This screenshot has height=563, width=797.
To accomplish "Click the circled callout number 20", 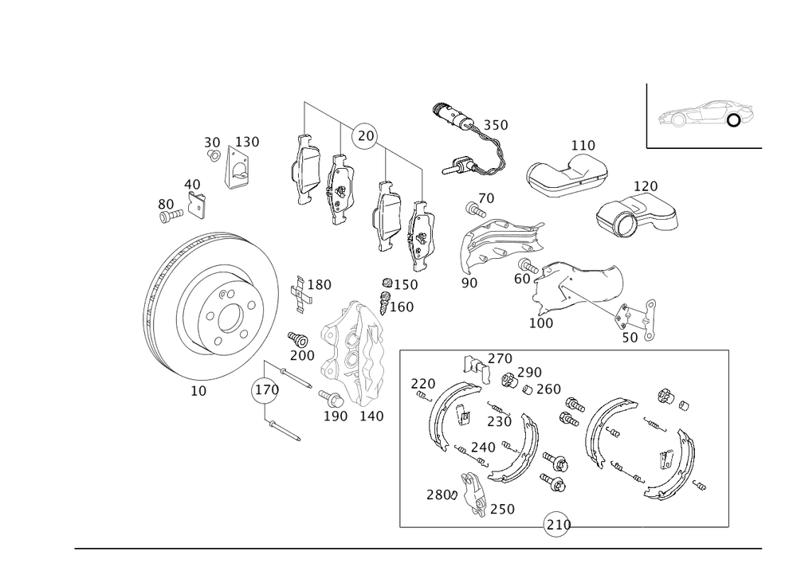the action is (366, 136).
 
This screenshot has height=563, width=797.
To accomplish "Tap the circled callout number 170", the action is (266, 390).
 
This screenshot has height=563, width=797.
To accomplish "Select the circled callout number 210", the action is (556, 525).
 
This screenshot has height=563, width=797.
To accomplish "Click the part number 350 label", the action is (495, 125).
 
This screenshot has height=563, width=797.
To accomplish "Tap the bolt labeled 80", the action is (171, 217).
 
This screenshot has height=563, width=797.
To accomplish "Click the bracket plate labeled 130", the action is (238, 167).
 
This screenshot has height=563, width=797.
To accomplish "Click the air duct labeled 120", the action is (636, 215).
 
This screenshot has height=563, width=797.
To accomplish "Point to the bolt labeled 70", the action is (473, 209).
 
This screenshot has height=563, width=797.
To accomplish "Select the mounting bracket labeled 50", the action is (635, 319).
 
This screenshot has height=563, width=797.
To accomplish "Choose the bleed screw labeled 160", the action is (385, 303).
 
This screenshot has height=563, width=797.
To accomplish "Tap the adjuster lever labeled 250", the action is (473, 495).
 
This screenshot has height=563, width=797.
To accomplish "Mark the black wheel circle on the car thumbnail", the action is (733, 121).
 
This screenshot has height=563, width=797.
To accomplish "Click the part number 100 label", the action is (541, 323).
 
